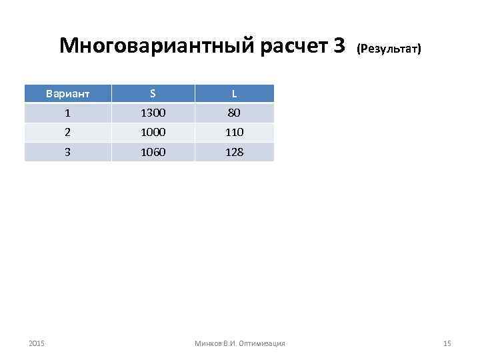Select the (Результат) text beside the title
pyautogui.click(x=389, y=49)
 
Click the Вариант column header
pyautogui.click(x=68, y=94)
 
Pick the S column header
pyautogui.click(x=153, y=94)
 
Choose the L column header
pyautogui.click(x=234, y=94)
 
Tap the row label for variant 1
pyautogui.click(x=68, y=113)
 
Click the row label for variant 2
pyautogui.click(x=68, y=132)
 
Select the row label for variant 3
pyautogui.click(x=68, y=151)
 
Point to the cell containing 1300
pyautogui.click(x=153, y=113)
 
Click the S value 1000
pyautogui.click(x=153, y=132)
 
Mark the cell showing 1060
pyautogui.click(x=153, y=151)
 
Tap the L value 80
pyautogui.click(x=234, y=113)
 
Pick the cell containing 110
pyautogui.click(x=234, y=132)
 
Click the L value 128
pyautogui.click(x=234, y=151)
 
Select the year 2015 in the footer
pyautogui.click(x=37, y=343)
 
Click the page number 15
pyautogui.click(x=447, y=343)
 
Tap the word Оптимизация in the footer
pyautogui.click(x=263, y=343)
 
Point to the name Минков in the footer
pyautogui.click(x=207, y=343)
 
